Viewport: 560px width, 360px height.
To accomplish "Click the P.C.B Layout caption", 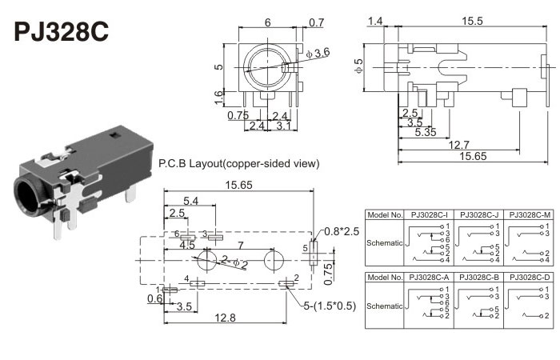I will (x=239, y=164).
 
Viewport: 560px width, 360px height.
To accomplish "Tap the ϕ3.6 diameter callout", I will (x=318, y=53).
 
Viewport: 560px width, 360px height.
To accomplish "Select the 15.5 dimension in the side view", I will (x=472, y=20).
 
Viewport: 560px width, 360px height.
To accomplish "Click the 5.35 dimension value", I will (x=425, y=132).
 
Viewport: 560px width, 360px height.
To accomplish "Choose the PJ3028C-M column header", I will (x=530, y=215).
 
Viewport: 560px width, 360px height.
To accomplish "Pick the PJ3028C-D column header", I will (x=530, y=277).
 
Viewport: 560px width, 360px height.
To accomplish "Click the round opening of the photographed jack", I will (x=26, y=198).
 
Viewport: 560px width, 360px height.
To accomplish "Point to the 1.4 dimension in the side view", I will (x=375, y=20).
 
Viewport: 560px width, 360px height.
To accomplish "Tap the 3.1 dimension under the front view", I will (x=282, y=126).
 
